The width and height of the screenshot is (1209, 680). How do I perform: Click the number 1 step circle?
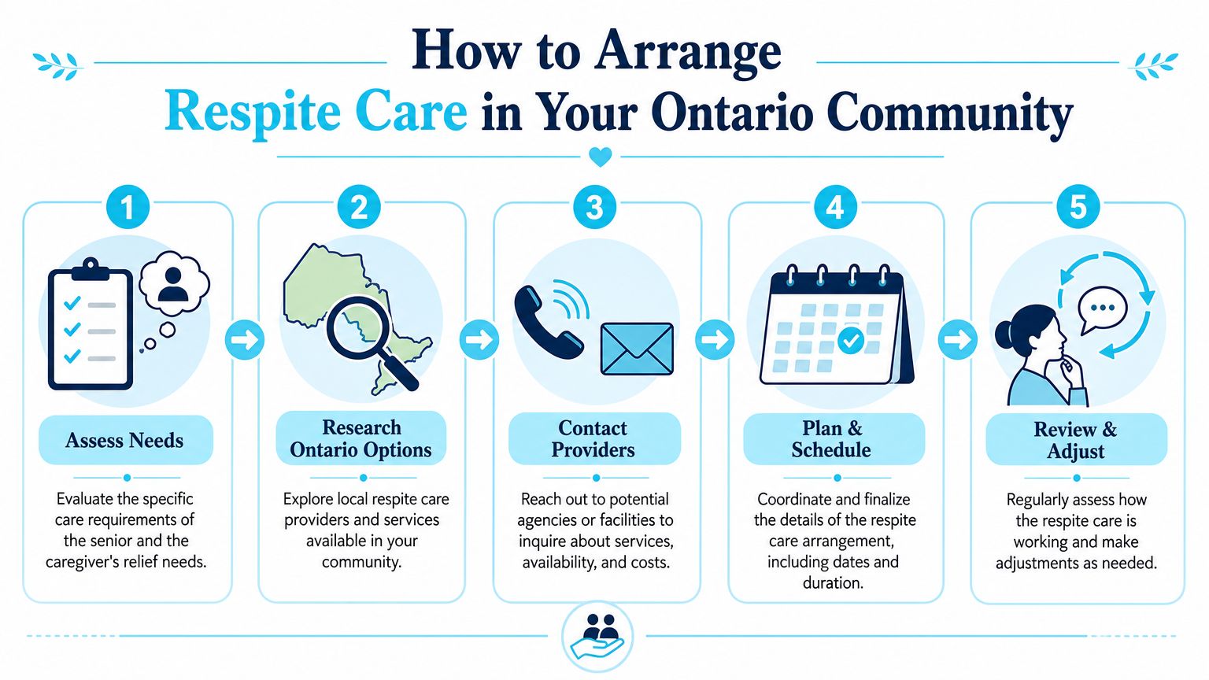pos(128,207)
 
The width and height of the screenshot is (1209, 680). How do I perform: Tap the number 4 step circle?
pos(834,207)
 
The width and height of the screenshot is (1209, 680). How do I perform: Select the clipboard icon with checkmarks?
pos(91,323)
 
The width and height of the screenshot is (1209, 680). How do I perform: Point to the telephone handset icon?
pos(546,322)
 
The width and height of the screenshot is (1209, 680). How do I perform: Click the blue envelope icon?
pos(637,349)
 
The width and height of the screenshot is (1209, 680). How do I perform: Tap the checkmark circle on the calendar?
pos(851,341)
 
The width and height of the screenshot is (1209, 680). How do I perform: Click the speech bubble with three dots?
pos(1102,310)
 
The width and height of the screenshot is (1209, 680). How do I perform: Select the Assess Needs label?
pos(124,441)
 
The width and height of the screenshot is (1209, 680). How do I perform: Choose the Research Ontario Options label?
pos(361,438)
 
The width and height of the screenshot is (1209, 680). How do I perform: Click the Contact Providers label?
pos(593,438)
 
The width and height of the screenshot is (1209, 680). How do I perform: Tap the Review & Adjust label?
pos(1076,440)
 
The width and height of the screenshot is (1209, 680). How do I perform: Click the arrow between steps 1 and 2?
pos(245,340)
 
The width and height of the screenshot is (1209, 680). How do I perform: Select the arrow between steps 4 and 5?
pos(957,340)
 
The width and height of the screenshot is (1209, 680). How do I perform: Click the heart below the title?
pos(601,157)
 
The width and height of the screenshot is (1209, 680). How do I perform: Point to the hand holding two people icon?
pos(597,637)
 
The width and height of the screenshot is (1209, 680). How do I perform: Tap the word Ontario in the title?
pos(732,113)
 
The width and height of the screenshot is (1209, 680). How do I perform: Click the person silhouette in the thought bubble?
pos(173,284)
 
